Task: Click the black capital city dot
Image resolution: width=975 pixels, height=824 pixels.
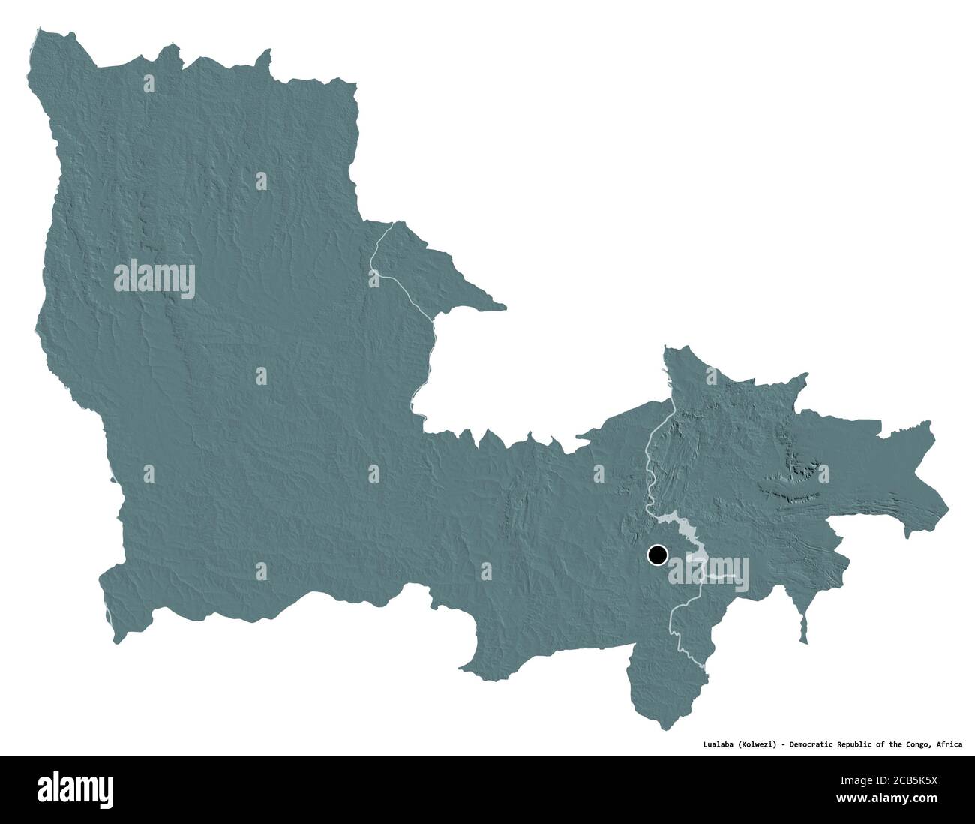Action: coord(657,555)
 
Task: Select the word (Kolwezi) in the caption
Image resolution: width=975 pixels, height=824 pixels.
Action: coord(757,744)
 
